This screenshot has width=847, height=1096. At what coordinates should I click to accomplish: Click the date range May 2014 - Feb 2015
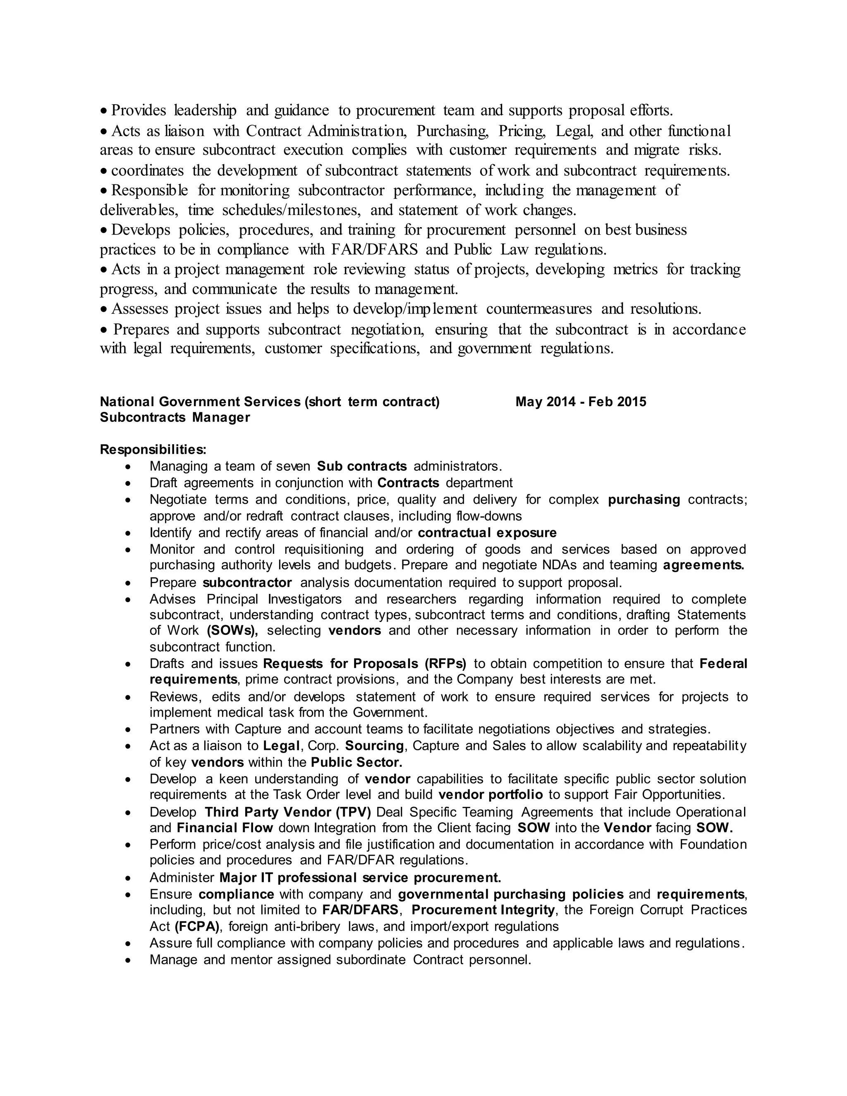point(581,402)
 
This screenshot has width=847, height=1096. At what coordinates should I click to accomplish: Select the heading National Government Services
point(200,402)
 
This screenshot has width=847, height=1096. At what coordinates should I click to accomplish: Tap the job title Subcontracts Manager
point(175,418)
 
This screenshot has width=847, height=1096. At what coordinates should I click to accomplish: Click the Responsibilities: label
point(153,449)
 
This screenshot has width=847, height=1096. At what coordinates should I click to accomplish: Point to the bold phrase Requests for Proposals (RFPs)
point(364,664)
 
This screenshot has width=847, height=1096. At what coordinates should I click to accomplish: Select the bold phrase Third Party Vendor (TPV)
point(287,812)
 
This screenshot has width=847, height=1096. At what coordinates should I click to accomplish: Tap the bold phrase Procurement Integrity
point(483,910)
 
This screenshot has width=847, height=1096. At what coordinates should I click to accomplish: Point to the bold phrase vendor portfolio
point(490,794)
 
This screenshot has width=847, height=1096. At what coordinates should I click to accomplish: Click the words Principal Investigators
point(274,599)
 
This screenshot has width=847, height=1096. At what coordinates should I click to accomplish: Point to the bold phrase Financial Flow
point(225,828)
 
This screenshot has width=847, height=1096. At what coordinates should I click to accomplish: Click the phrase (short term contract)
point(372,402)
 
